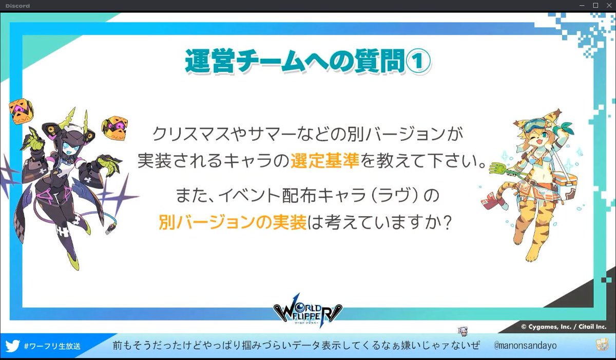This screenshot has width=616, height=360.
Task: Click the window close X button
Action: click(x=608, y=5)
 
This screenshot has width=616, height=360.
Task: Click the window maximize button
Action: click(x=595, y=5)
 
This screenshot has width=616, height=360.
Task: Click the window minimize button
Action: click(x=583, y=5)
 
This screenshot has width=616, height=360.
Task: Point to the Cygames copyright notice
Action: click(x=563, y=326)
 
